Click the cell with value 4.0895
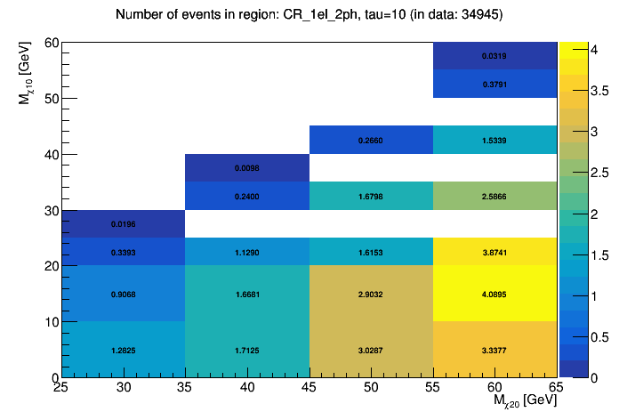pos(494,294)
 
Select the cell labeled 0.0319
pos(494,56)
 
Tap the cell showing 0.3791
pos(494,85)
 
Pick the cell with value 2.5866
pos(494,196)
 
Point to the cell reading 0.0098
pos(247,167)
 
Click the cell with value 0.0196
pos(124,223)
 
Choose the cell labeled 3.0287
pos(371,350)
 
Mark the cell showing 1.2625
pos(124,350)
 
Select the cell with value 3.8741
pos(494,252)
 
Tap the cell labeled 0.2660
pos(371,140)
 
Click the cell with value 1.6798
pos(371,196)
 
